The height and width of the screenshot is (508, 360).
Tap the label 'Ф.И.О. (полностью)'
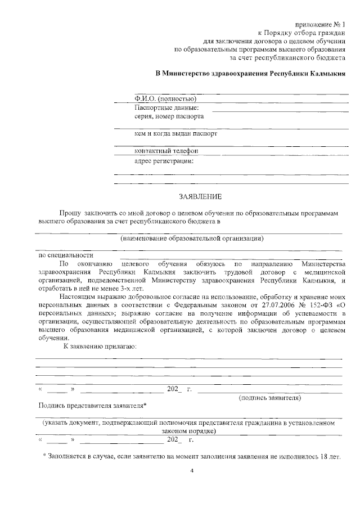[165, 98]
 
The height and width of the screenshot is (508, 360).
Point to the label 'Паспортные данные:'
[167, 107]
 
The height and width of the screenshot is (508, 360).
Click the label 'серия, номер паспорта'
[169, 116]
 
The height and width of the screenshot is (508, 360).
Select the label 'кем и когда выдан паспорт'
[175, 134]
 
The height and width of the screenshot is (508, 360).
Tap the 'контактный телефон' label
[166, 151]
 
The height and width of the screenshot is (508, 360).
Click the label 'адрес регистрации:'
[164, 160]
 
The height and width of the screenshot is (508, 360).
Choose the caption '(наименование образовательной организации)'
[191, 239]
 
